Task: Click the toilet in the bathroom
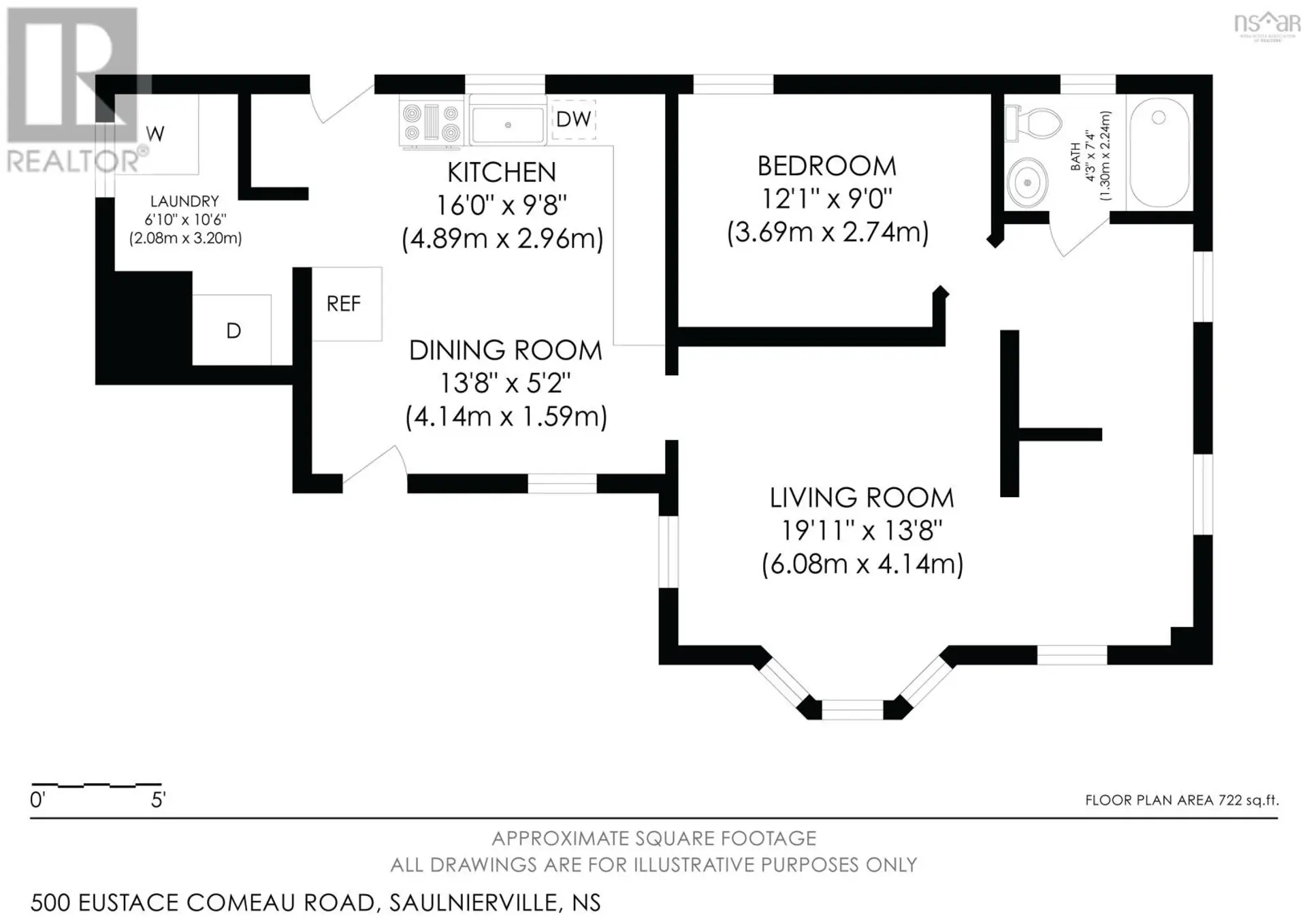1033,123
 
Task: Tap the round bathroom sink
1027,182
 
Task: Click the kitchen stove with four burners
430,123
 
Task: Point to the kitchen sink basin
508,125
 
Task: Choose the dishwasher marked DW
573,119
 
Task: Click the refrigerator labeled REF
346,304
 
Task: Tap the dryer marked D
231,330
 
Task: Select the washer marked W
156,134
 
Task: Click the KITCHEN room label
502,172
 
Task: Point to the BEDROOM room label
827,166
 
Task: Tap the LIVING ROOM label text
862,498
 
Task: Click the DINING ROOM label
506,350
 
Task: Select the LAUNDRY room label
184,202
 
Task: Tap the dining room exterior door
374,466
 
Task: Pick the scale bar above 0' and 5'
97,785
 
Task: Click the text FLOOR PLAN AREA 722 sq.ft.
1182,800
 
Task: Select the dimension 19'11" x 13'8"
862,530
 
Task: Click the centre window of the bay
852,710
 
